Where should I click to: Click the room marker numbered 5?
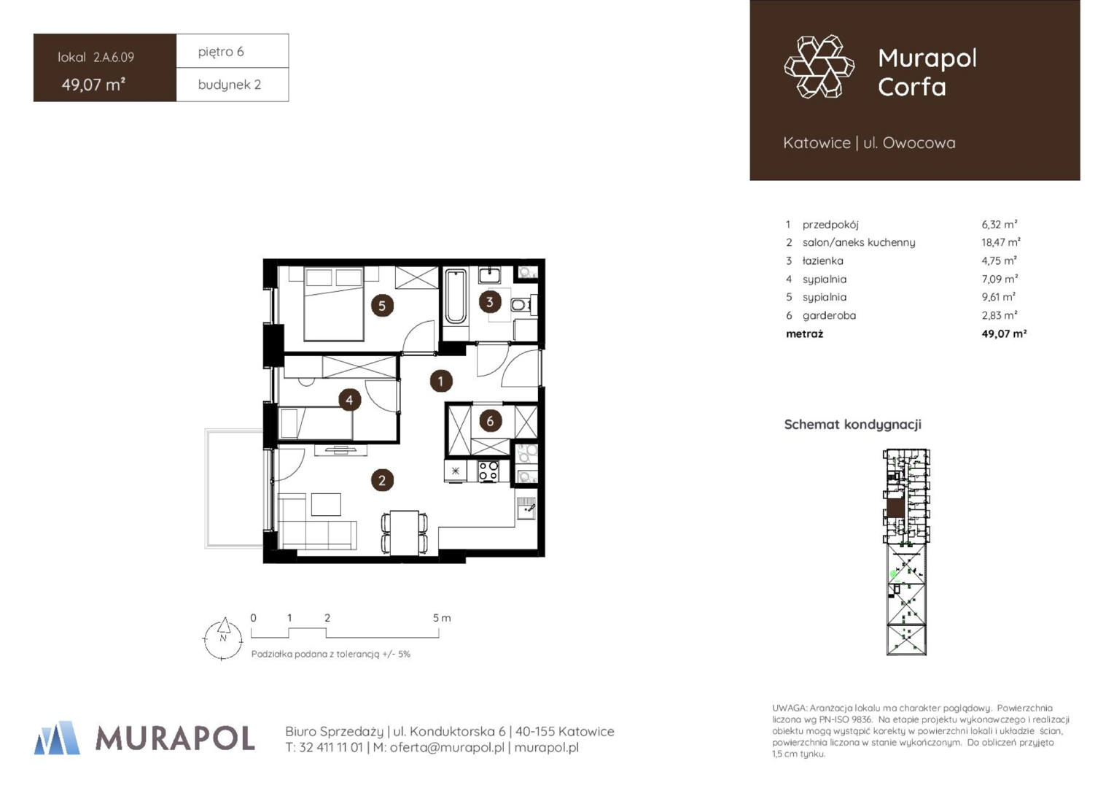coord(382,305)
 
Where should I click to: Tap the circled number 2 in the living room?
coord(382,480)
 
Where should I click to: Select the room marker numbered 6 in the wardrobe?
coord(490,421)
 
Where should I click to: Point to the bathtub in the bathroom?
coord(455,297)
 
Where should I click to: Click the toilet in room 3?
coord(521,304)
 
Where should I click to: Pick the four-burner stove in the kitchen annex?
coord(488,471)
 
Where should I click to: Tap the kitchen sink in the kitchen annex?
coord(526,509)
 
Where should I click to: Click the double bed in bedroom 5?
coord(334,304)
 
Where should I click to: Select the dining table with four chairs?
coord(405,533)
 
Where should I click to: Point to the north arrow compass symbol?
coord(223,638)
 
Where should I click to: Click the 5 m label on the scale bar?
coord(442,618)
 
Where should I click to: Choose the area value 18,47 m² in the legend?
coord(1000,242)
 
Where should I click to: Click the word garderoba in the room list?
coord(829,316)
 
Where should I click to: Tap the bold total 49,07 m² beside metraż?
coord(1004,333)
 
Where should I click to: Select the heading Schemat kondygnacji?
coord(852,425)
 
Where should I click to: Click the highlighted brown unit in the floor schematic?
coord(896,509)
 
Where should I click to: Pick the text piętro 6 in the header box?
coord(221,52)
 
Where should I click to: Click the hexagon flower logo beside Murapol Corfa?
coord(819,66)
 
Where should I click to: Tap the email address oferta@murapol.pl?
coord(447,747)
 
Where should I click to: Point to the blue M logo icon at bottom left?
coord(57,738)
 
